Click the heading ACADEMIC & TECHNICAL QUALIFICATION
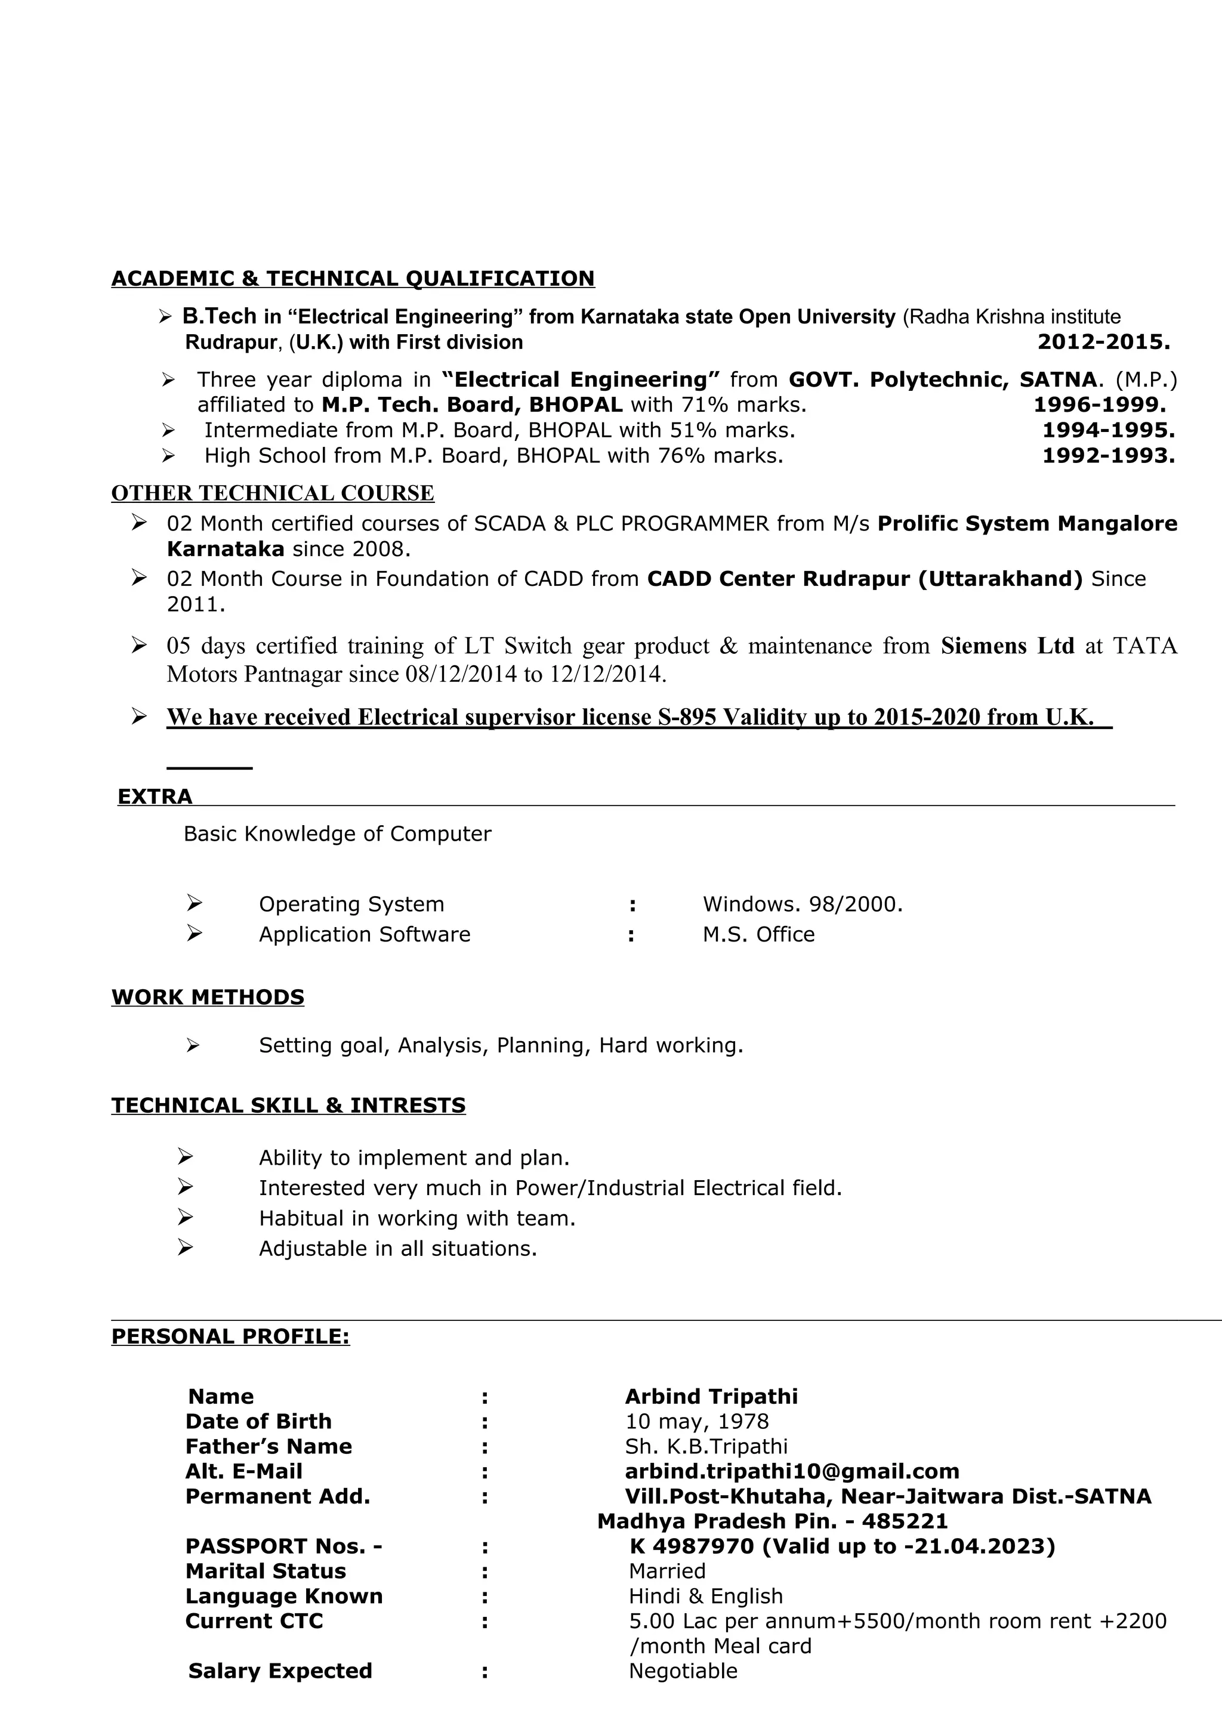coord(353,279)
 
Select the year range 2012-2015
coord(1103,342)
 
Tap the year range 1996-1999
coord(1099,405)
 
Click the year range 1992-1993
coord(1107,456)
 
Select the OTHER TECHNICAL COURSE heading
coord(273,493)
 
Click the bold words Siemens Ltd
coord(1007,646)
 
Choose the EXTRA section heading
coord(155,796)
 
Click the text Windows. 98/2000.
coord(802,904)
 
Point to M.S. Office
coord(758,934)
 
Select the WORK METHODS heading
coord(208,997)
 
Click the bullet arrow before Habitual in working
coord(185,1217)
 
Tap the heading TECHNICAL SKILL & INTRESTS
coord(288,1106)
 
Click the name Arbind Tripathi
coord(711,1397)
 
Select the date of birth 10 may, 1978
coord(696,1422)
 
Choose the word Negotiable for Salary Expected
coord(682,1671)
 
